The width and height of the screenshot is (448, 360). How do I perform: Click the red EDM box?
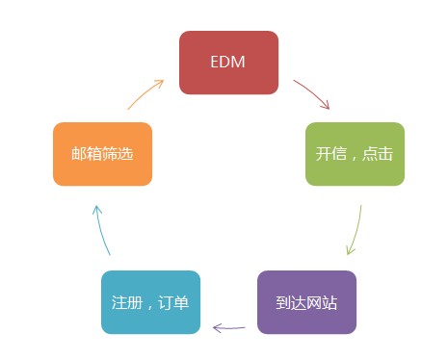coord(229,63)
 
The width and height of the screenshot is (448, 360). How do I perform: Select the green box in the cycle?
coord(355,154)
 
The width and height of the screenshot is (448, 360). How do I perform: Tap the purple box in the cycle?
coord(306,302)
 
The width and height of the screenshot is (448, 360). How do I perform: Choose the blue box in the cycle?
coord(150,302)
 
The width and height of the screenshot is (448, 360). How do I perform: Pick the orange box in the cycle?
coord(102,154)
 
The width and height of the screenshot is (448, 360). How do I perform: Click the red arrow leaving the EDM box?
coord(312,93)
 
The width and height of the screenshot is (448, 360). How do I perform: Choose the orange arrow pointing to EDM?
coord(145,93)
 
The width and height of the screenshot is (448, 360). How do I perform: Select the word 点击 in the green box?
coord(378,154)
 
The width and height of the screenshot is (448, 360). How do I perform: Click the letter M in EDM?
coord(240,63)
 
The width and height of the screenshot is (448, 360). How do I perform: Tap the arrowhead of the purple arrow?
coord(217,328)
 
